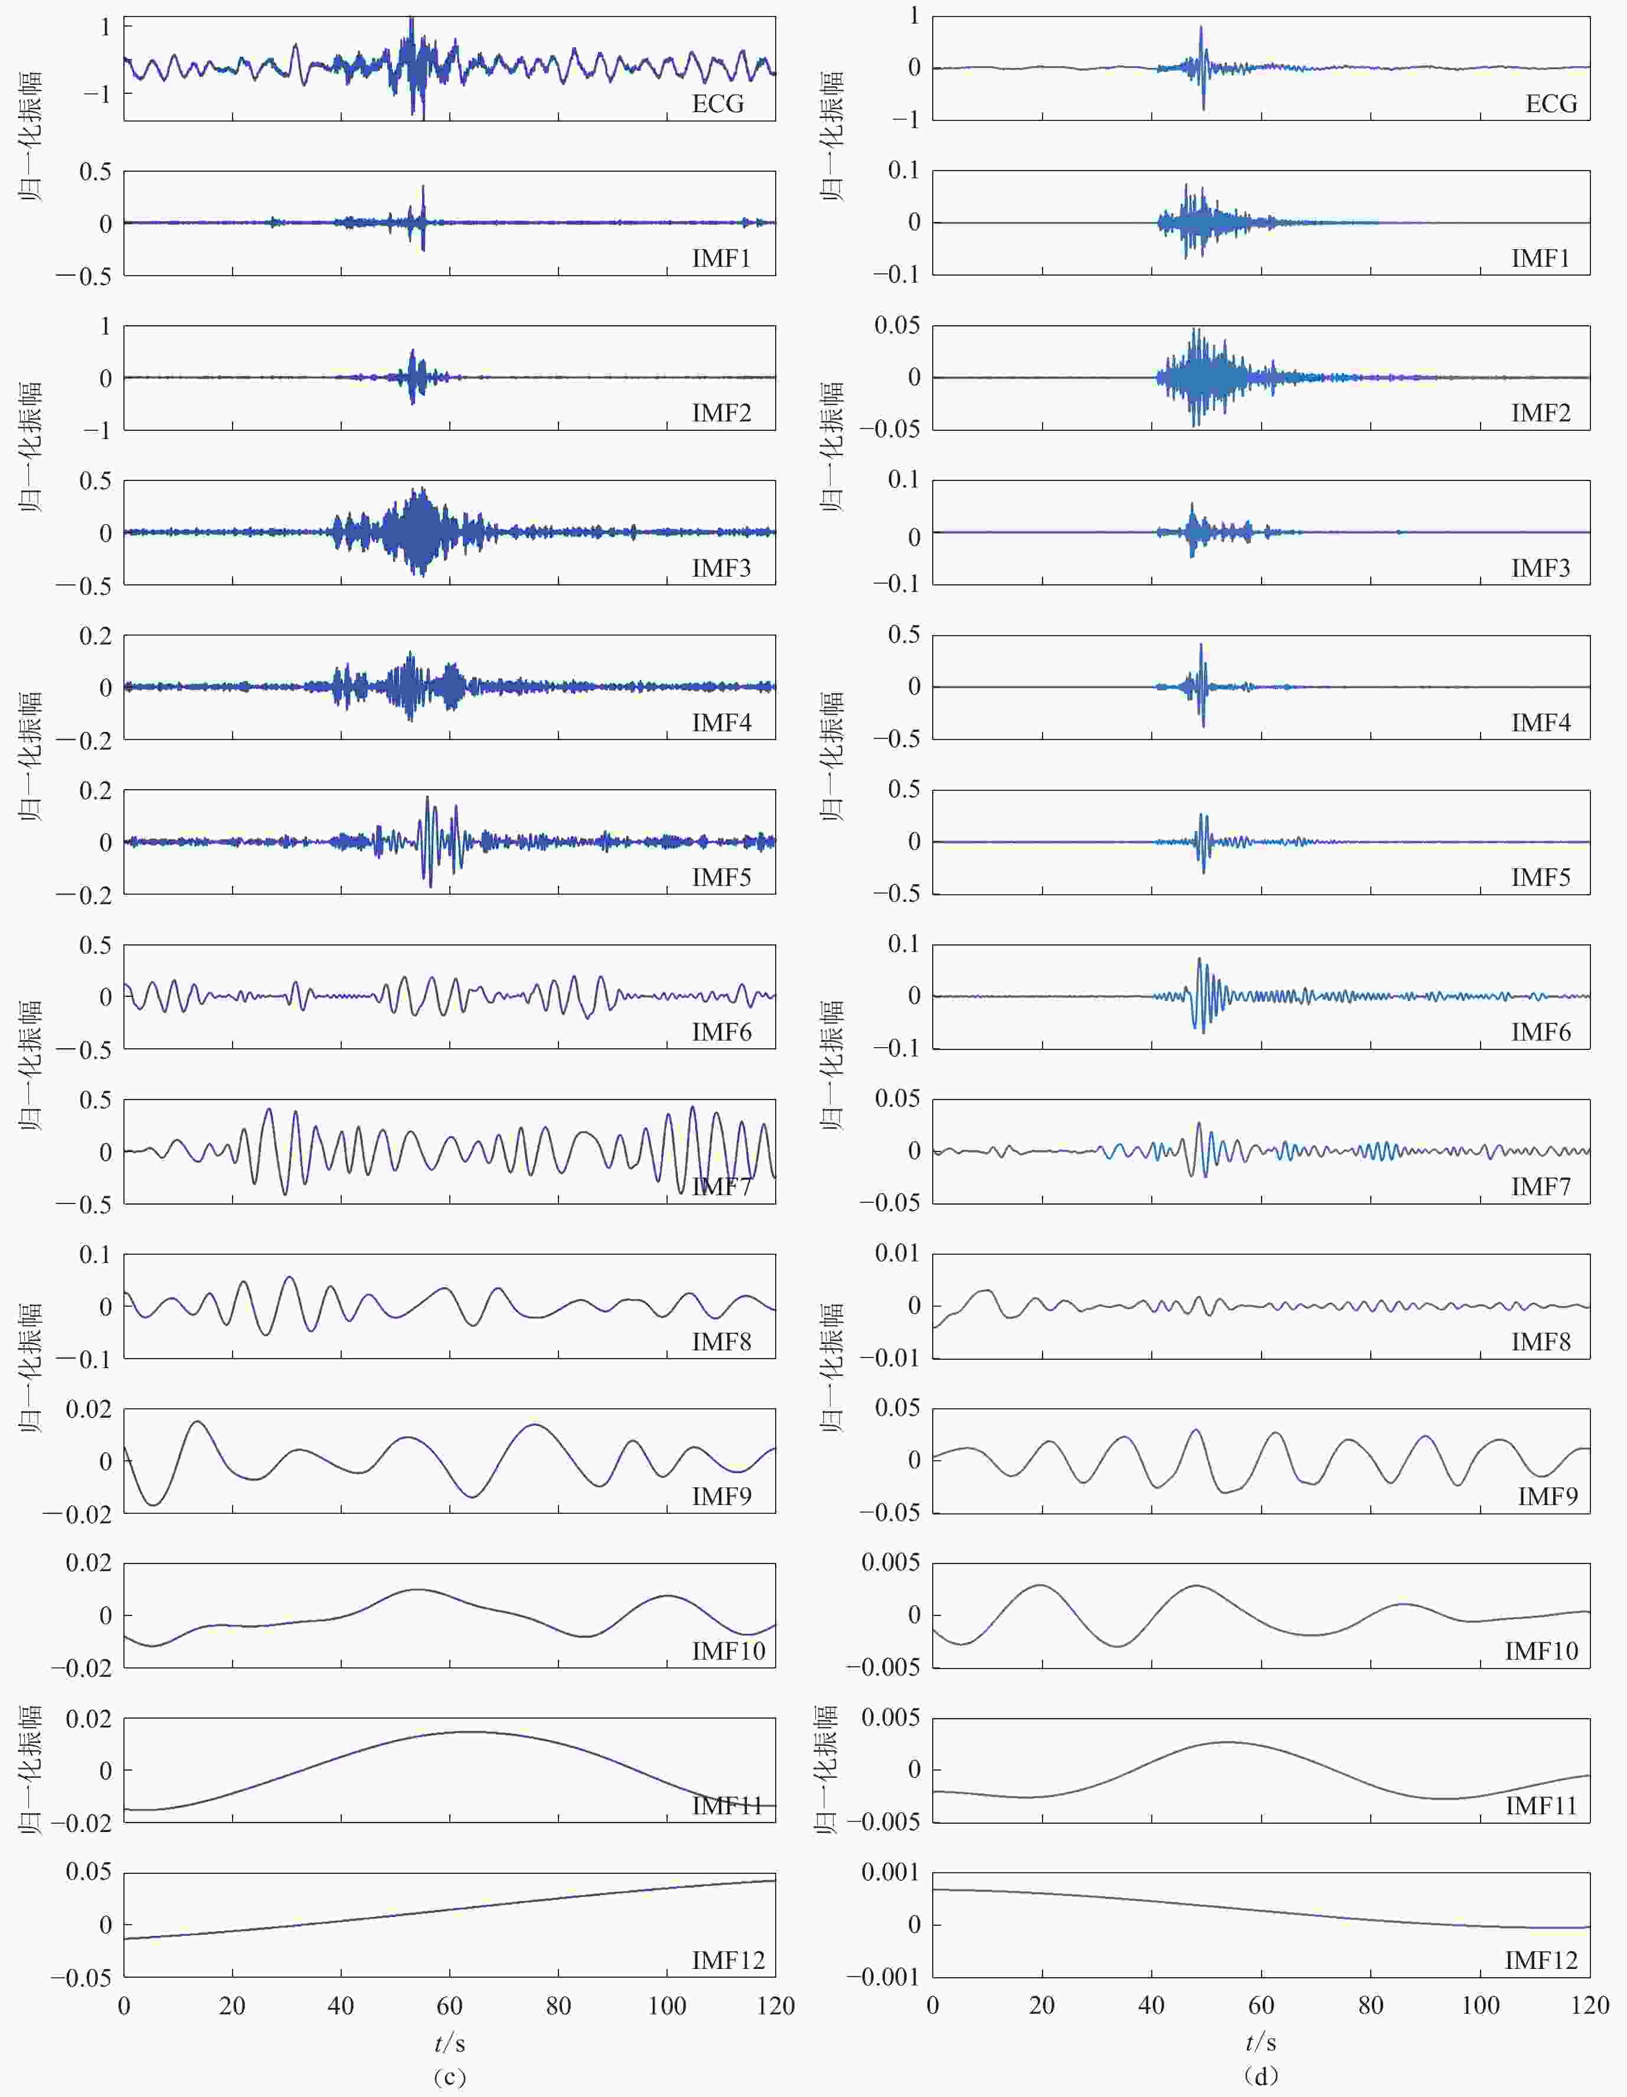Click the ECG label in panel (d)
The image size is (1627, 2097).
click(x=1550, y=104)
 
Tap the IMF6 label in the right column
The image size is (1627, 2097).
click(x=1541, y=1032)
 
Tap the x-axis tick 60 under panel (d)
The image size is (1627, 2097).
click(x=1261, y=2006)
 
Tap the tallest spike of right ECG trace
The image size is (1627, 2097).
click(x=1201, y=28)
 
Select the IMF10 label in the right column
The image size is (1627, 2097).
click(x=1541, y=1651)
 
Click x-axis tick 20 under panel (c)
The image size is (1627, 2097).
click(x=233, y=2006)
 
